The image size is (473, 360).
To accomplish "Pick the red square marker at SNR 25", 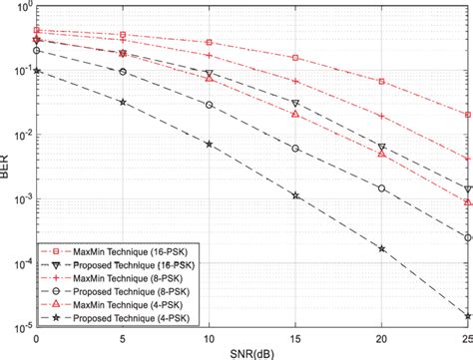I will [x=468, y=115].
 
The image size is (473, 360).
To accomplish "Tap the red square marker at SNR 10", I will [x=209, y=43].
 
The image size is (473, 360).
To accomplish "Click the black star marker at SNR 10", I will [x=209, y=145].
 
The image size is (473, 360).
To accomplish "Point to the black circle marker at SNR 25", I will [x=468, y=237].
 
